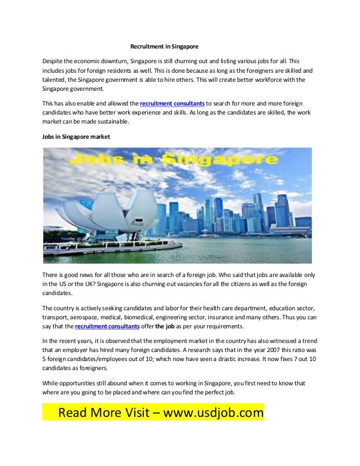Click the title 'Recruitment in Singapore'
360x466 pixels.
164,46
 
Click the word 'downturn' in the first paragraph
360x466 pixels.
112,60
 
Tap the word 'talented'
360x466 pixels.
54,80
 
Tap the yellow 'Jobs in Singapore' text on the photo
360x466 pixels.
177,160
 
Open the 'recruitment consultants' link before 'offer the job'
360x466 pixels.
107,327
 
